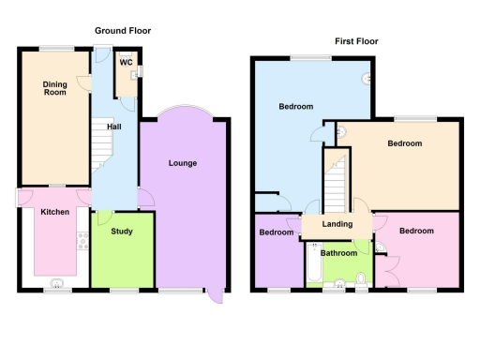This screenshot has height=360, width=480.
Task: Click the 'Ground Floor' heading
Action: point(123,31)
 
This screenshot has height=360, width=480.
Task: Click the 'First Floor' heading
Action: point(357,41)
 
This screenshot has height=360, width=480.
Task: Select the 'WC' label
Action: point(124,64)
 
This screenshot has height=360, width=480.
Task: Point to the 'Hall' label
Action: point(113,126)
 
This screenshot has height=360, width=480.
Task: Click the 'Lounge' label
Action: point(182,163)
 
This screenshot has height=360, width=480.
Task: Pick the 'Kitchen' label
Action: point(54,213)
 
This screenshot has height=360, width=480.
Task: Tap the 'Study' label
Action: point(121,232)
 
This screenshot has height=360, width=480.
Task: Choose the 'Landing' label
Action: point(337,224)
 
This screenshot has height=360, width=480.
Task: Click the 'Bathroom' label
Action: point(338,253)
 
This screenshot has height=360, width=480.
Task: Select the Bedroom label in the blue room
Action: point(295,107)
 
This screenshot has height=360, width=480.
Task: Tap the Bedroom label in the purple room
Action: point(277,232)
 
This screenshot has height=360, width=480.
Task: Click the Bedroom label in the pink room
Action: point(415,231)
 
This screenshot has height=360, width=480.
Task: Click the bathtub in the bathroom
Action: point(313,263)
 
